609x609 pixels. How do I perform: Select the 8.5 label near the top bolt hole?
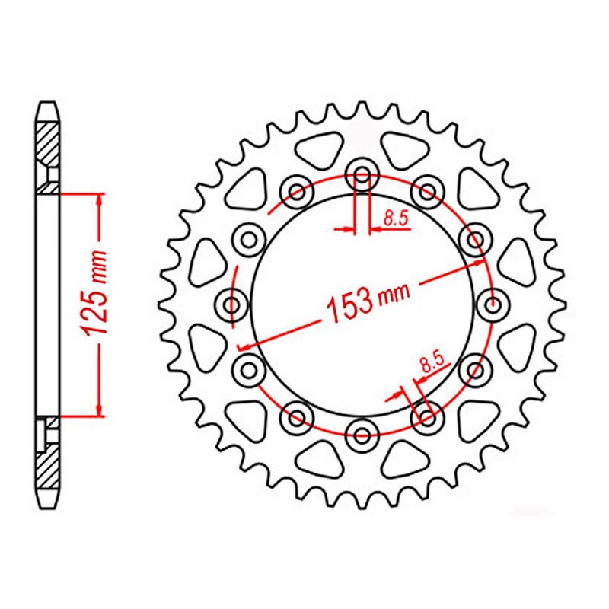pyautogui.click(x=396, y=219)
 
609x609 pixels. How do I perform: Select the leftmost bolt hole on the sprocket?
pyautogui.click(x=232, y=305)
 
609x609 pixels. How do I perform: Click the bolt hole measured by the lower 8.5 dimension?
pyautogui.click(x=426, y=417)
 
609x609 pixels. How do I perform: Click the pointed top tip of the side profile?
pyautogui.click(x=48, y=104)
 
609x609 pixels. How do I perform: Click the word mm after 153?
pyautogui.click(x=395, y=292)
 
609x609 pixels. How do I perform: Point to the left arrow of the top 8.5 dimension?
pyautogui.click(x=348, y=228)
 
